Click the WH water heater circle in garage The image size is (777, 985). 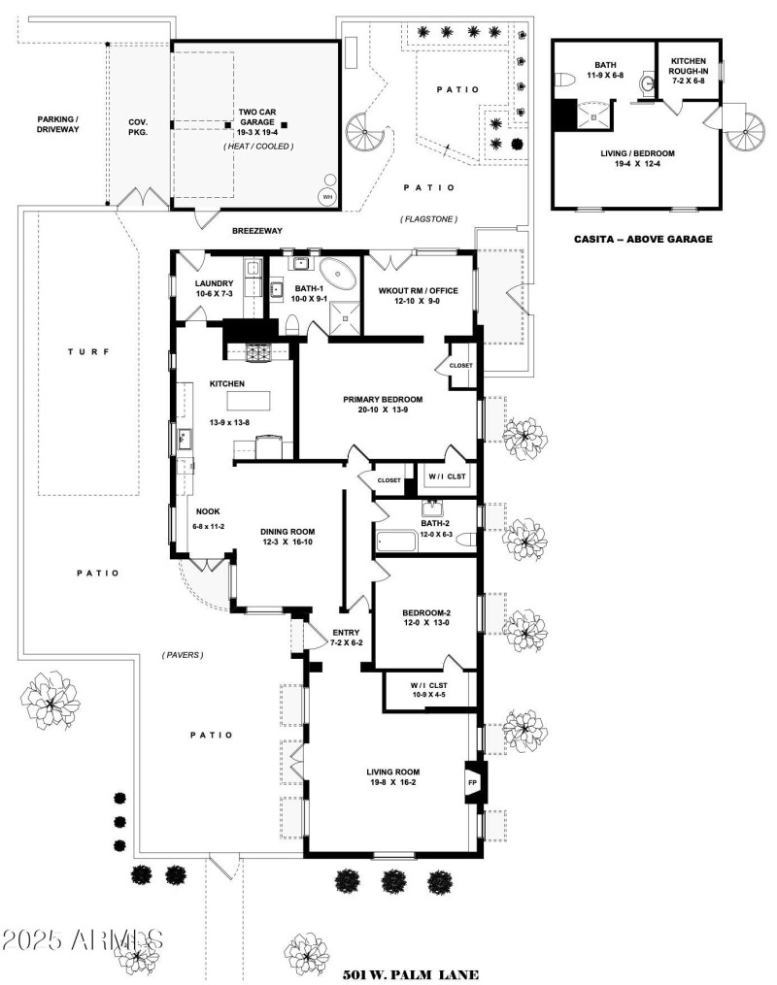(x=327, y=197)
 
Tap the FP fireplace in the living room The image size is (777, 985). (x=474, y=781)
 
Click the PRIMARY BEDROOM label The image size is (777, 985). (x=383, y=399)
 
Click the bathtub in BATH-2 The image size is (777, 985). (x=396, y=541)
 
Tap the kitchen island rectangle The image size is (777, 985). (x=249, y=399)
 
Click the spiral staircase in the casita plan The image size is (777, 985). (x=745, y=130)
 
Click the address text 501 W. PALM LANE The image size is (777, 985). (x=412, y=972)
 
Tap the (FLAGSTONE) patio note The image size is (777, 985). (x=428, y=219)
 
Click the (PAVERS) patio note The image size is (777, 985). (x=183, y=655)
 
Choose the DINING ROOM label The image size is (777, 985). (x=287, y=537)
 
